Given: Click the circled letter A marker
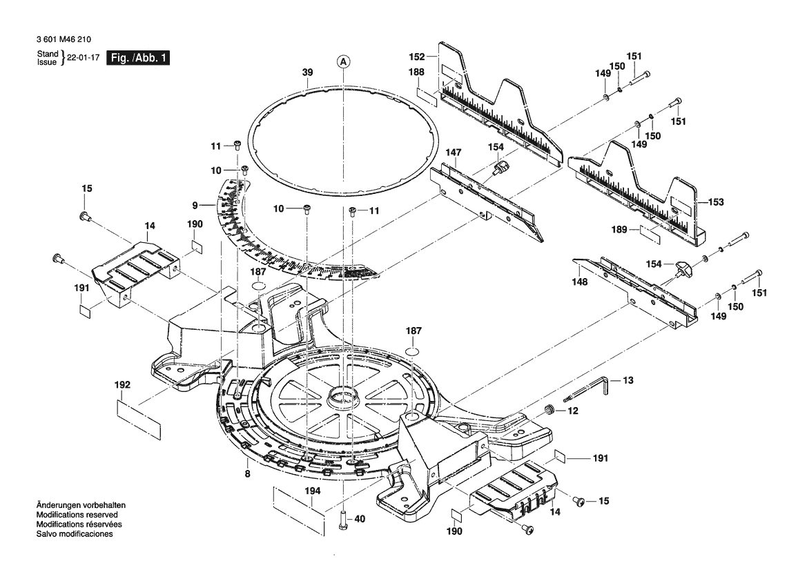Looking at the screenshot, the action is pyautogui.click(x=343, y=61).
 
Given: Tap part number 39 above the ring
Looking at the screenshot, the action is pyautogui.click(x=307, y=72).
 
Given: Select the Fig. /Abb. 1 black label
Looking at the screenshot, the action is pyautogui.click(x=138, y=57).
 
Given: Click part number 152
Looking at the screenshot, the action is pyautogui.click(x=417, y=57).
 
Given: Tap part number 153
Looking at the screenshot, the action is pyautogui.click(x=716, y=202).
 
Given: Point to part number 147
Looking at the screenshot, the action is pyautogui.click(x=454, y=153).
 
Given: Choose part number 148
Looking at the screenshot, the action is pyautogui.click(x=579, y=282).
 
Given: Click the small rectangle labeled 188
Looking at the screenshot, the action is pyautogui.click(x=427, y=96).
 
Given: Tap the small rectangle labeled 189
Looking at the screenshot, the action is pyautogui.click(x=650, y=233).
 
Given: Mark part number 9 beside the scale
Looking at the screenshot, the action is pyautogui.click(x=195, y=206).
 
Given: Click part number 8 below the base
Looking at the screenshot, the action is pyautogui.click(x=248, y=474).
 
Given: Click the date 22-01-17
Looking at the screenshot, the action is pyautogui.click(x=84, y=58).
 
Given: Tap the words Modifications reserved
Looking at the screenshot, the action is pyautogui.click(x=77, y=514).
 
